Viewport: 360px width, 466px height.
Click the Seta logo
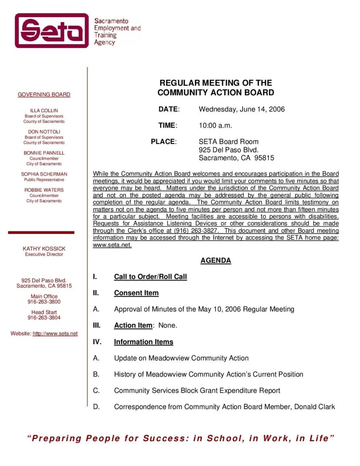point(52,31)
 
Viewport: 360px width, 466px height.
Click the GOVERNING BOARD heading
point(44,95)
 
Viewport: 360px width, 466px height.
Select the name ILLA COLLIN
point(44,111)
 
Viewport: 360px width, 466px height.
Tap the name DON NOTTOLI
point(44,132)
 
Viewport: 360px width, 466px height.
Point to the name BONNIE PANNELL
point(44,153)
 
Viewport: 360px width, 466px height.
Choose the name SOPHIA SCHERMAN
point(44,174)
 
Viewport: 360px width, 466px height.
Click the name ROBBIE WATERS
point(44,190)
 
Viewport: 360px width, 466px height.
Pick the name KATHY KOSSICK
point(44,249)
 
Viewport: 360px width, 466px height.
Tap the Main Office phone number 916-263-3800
point(44,302)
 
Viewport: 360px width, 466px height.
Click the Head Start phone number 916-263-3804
point(44,318)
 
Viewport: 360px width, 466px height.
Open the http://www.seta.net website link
point(55,334)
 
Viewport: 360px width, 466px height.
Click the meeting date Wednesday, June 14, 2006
point(242,109)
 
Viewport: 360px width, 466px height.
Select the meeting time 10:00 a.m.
point(215,126)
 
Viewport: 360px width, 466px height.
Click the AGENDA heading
point(215,261)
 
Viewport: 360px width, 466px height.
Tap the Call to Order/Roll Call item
point(150,277)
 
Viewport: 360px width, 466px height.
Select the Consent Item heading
point(136,293)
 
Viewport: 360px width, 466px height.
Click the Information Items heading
point(143,342)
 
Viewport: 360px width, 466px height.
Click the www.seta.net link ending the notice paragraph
point(112,245)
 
